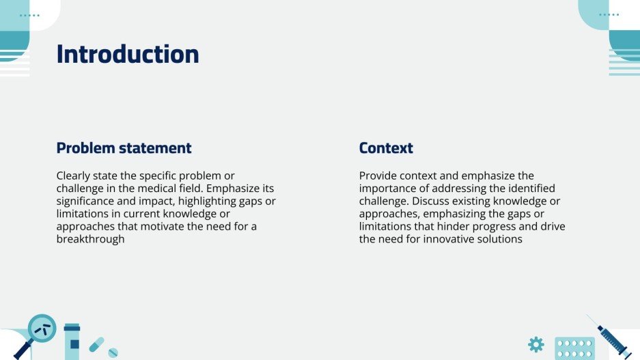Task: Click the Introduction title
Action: (128, 54)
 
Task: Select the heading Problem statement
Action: (124, 148)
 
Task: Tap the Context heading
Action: (386, 148)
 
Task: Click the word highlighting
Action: (207, 202)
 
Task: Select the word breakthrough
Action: (90, 239)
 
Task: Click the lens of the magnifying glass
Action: (42, 328)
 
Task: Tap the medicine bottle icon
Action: (72, 342)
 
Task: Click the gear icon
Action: (536, 344)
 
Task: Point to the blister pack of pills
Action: (574, 348)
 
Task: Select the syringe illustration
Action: (609, 337)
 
